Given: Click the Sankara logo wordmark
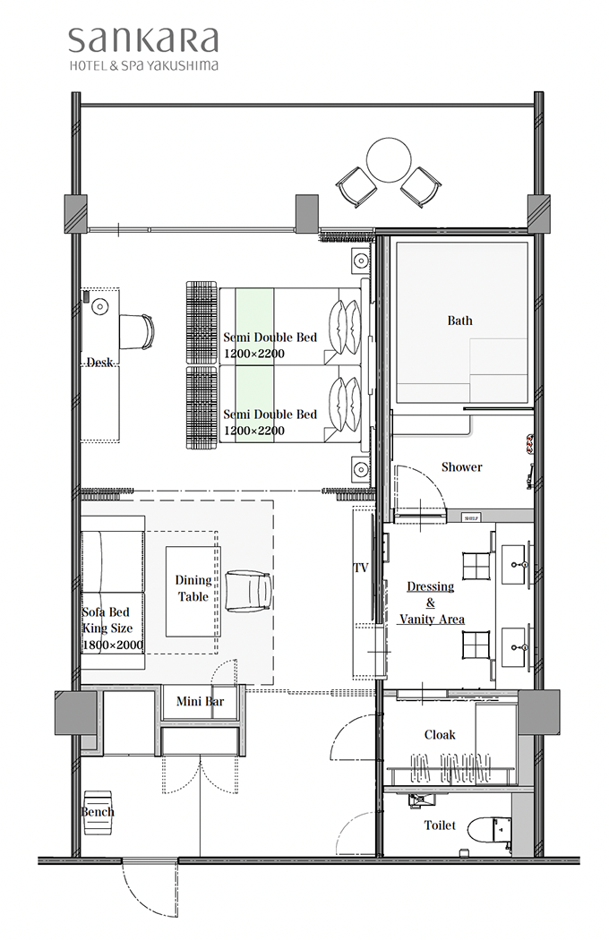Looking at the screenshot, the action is coord(142,41).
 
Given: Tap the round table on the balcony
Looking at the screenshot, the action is coord(389,160).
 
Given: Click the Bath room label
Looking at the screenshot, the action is coord(459,320).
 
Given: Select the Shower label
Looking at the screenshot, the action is coord(461,467).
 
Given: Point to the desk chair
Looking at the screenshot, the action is coord(137,331).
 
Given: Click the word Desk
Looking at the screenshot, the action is coord(99,362).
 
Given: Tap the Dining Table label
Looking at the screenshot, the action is coord(193,588).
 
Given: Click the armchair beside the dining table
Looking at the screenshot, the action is coord(248,591).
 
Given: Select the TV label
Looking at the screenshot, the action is coord(361,568).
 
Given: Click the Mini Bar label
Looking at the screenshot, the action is coord(200,701).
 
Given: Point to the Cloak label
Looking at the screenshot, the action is coord(440,734).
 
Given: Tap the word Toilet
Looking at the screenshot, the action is coord(440,825).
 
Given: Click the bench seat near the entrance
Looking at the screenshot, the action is coord(98,812).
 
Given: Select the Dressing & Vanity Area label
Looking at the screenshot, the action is coord(432,602).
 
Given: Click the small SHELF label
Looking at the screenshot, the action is coord(471,518).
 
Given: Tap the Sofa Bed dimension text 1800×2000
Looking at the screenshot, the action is coord(113,645).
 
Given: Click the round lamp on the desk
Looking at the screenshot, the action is coord(99,307).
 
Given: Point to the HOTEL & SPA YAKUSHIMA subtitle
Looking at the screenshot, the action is coord(143,66).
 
